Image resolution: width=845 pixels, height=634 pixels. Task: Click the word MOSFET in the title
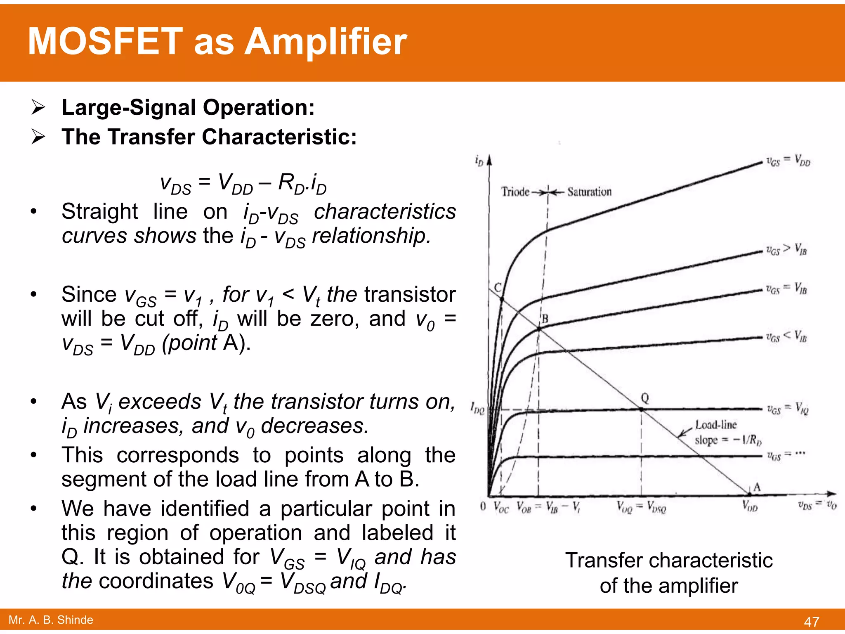tap(105, 42)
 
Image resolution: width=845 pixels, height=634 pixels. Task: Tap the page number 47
tap(811, 622)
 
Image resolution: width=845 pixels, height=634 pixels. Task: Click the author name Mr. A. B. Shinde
tap(51, 620)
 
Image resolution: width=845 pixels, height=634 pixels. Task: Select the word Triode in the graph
tap(515, 192)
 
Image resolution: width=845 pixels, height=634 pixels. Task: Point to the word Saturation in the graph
tap(589, 192)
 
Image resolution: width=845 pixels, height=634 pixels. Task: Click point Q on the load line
tap(641, 409)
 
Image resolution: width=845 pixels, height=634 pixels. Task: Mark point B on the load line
tap(539, 329)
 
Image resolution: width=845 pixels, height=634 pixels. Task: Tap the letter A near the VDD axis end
tap(757, 487)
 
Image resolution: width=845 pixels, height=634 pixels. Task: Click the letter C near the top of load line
tap(498, 288)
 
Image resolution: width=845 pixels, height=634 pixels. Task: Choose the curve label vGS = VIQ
tap(787, 409)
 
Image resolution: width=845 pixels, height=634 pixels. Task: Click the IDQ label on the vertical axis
tap(477, 409)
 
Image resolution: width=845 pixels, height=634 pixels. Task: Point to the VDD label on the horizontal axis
tap(750, 506)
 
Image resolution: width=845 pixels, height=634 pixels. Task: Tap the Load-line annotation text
tap(716, 425)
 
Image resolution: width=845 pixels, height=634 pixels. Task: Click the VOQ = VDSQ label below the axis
tap(641, 506)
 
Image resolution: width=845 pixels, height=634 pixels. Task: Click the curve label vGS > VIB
tap(786, 250)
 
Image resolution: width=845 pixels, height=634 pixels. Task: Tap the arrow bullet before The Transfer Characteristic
tap(38, 137)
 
